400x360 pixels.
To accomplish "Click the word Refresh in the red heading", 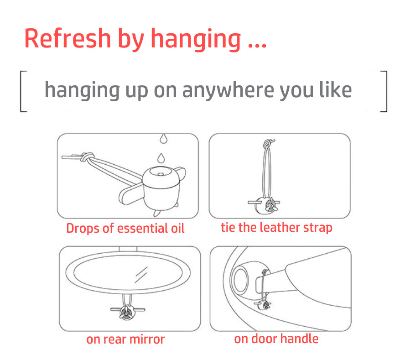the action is pos(68,38).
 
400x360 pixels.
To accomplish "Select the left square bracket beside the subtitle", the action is pos(23,91).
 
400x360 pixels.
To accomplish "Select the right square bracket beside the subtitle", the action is pos(384,91).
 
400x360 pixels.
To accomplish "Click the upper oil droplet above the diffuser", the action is pos(163,139).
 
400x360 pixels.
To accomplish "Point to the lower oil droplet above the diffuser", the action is pos(161,158).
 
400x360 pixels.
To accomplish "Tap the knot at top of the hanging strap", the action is pos(268,144).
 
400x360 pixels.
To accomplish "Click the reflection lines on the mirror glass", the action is pos(141,275).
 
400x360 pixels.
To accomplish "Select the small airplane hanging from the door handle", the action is pos(263,305).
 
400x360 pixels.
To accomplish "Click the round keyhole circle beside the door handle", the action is pos(240,281).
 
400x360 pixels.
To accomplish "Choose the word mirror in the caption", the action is pos(147,339).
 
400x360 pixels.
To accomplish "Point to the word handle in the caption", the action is pos(299,339).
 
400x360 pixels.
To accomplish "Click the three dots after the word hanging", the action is pos(257,46).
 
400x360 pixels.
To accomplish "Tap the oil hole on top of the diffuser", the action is pos(161,174).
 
